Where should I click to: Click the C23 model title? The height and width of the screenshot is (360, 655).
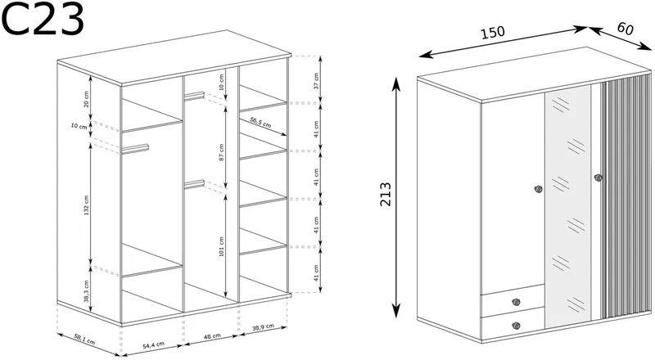(43, 18)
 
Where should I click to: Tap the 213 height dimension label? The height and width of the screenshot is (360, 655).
(386, 194)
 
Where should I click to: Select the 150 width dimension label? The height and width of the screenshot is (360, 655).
(493, 32)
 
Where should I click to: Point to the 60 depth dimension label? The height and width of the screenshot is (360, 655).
(625, 29)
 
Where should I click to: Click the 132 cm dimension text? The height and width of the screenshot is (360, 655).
(87, 205)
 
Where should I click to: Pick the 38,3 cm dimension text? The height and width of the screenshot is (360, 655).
(87, 291)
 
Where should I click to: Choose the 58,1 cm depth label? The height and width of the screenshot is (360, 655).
(85, 338)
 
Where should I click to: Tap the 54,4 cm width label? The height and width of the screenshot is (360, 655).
(154, 345)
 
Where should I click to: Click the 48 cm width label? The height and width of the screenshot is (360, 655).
(212, 336)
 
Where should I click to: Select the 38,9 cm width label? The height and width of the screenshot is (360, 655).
(263, 328)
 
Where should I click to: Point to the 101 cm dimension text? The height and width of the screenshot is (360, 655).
(222, 246)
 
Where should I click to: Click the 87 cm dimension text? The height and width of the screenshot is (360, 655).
(222, 152)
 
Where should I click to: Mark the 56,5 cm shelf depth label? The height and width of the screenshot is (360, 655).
(260, 123)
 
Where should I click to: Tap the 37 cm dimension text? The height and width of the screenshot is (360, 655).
(316, 81)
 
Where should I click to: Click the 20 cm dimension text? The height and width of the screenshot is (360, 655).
(87, 98)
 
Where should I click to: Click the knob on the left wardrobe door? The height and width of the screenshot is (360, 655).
(538, 189)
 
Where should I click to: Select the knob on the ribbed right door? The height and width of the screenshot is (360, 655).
(598, 178)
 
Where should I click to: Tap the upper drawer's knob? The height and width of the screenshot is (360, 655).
(516, 302)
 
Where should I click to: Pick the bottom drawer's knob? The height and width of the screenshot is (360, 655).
(516, 326)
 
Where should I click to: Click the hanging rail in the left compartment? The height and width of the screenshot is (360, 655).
(135, 148)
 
